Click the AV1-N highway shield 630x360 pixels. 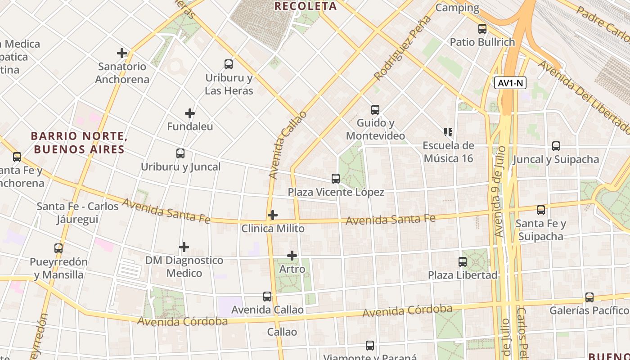[x=510, y=83]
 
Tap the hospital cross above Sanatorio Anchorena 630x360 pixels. [x=122, y=53]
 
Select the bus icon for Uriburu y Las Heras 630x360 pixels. [x=229, y=64]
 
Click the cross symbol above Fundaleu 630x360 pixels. [x=190, y=113]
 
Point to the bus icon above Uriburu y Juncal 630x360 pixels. [x=180, y=153]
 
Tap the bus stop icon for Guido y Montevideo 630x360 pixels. [x=375, y=110]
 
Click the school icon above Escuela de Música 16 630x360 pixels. [x=448, y=132]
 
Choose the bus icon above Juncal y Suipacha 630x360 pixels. [x=556, y=146]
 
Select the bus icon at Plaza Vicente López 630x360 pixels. [x=336, y=179]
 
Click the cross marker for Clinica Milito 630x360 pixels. [x=273, y=215]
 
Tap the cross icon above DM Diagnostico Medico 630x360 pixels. [x=184, y=247]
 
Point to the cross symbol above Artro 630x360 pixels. [x=292, y=256]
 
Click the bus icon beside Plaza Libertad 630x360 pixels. [x=462, y=262]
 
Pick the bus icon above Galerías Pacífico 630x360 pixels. [x=589, y=297]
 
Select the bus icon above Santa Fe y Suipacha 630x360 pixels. [x=541, y=210]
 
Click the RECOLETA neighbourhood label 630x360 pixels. [x=306, y=6]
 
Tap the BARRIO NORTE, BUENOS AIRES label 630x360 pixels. [x=77, y=142]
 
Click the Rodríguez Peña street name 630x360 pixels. [x=402, y=48]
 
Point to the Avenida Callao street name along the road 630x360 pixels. [x=288, y=145]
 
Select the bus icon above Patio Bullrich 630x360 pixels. [x=482, y=29]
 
